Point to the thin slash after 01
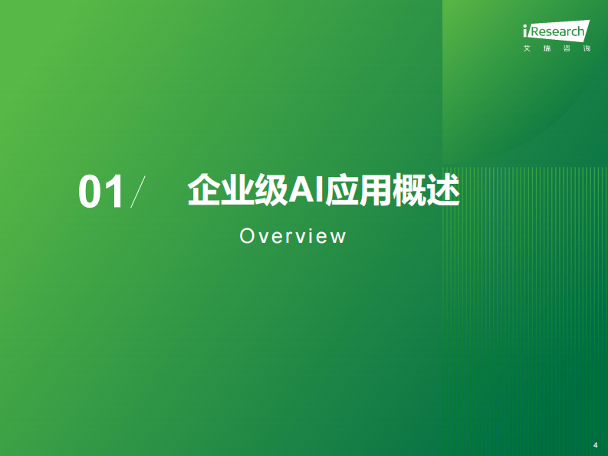point(137,192)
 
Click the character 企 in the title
point(201,190)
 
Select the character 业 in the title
point(235,190)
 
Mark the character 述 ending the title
point(444,190)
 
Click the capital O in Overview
point(247,236)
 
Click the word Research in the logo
point(558,33)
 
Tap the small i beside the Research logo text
point(525,32)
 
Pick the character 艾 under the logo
point(527,48)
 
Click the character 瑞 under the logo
point(547,48)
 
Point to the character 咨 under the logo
point(567,48)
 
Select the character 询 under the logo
point(587,48)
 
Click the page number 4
point(595,445)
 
